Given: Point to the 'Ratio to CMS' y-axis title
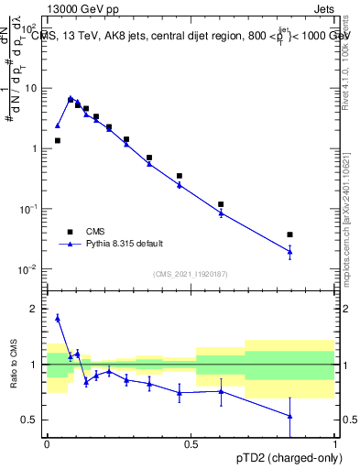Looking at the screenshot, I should coord(13,365).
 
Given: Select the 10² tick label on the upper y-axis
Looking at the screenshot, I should coord(29,28).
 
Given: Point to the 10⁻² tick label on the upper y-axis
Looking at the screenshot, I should coord(29,269).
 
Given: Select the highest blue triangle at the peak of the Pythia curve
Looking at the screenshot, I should coord(71,98).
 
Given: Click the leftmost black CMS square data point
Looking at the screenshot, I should coord(58,140).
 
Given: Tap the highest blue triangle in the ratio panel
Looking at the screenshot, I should coord(58,318).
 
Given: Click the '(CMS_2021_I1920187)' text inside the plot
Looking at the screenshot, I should coord(191,273).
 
